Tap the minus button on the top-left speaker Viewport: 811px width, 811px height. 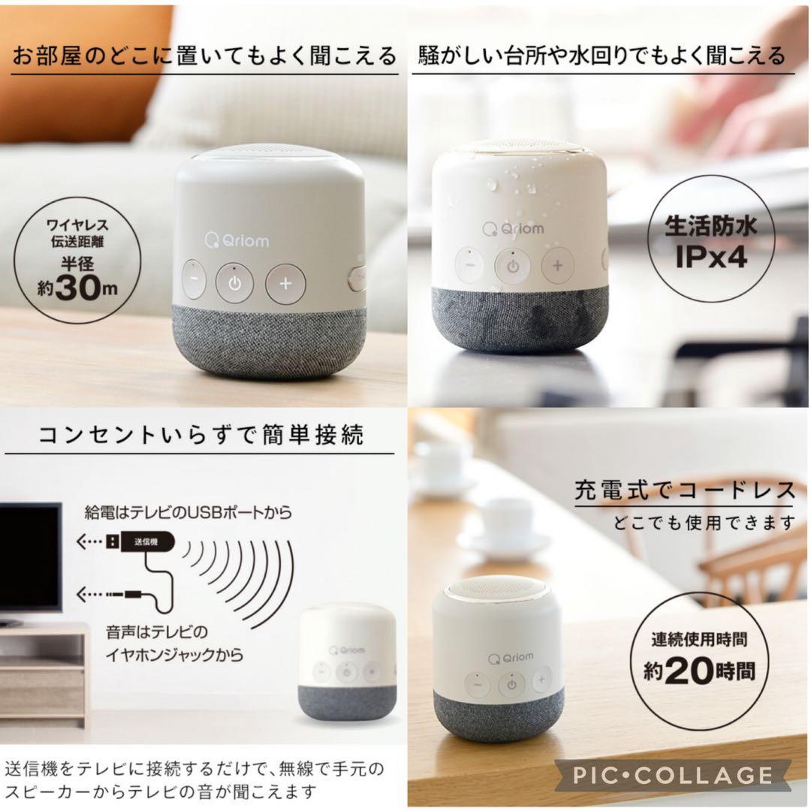point(193,283)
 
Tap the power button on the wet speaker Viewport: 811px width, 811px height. point(512,265)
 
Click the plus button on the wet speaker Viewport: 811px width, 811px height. point(557,265)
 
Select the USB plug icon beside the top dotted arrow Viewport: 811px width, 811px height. point(110,539)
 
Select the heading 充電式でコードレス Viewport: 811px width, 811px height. point(684,490)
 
